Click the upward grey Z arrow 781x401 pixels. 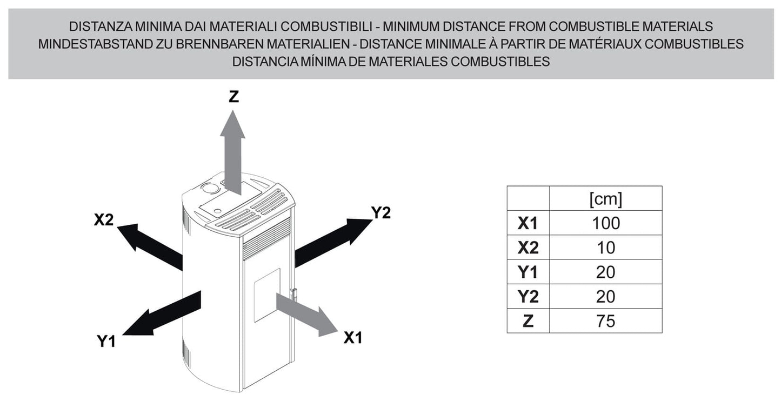tap(232, 153)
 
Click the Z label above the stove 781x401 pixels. tap(233, 97)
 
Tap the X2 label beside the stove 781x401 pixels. tap(104, 219)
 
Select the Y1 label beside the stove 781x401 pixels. tap(106, 341)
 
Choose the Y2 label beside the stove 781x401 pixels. tap(381, 213)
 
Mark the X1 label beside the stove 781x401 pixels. tap(353, 338)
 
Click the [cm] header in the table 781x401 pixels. tap(606, 199)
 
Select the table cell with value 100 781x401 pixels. tap(606, 223)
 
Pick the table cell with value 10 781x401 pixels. tap(606, 248)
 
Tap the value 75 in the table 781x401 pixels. tap(606, 321)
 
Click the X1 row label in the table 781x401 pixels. tap(528, 223)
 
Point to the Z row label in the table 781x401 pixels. tap(528, 321)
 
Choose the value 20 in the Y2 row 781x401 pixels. tap(606, 297)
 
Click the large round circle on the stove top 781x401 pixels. tap(210, 188)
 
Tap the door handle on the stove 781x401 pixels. tap(294, 295)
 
